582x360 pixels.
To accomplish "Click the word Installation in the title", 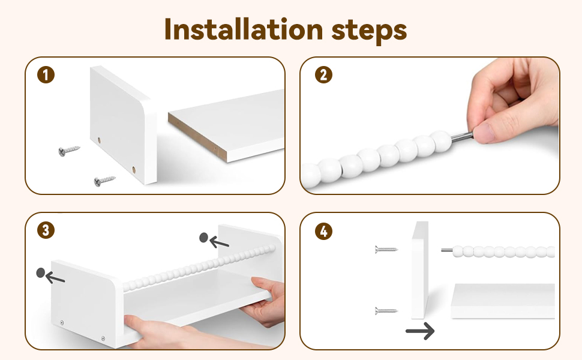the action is [x=244, y=29].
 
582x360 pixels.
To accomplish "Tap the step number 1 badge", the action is [x=46, y=75].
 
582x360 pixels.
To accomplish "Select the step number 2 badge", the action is [x=323, y=74].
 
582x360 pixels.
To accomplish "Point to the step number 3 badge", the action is [x=46, y=230].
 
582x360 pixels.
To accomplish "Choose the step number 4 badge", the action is [x=323, y=231].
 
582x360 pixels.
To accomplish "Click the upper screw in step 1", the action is [x=69, y=151].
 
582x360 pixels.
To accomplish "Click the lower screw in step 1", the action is [x=104, y=181].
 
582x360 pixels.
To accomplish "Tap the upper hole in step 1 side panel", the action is [x=99, y=140].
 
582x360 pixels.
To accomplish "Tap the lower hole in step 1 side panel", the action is [x=134, y=170].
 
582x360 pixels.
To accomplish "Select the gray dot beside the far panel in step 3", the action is [x=203, y=238].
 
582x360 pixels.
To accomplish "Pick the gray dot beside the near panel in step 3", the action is [x=40, y=273].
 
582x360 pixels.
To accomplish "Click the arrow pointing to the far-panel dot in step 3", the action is [x=220, y=243].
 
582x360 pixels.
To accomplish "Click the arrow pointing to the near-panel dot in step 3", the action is [x=55, y=277].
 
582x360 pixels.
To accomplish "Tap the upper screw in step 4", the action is [x=386, y=250].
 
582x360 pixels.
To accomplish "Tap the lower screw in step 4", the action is [x=386, y=311].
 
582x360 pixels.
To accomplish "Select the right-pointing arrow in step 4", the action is [x=420, y=331].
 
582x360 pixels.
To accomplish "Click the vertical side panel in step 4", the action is [x=420, y=270].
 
